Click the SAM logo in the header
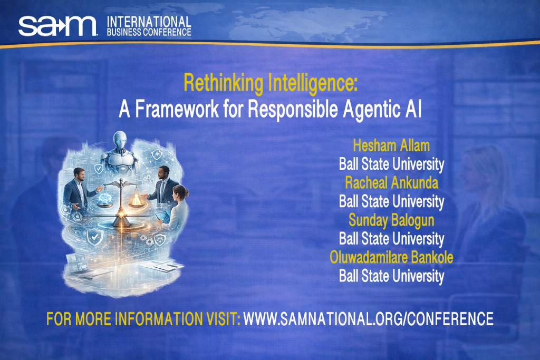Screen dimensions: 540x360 pyautogui.click(x=58, y=26)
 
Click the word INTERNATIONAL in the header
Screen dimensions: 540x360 pyautogui.click(x=149, y=22)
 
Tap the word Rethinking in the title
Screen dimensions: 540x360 pyautogui.click(x=224, y=83)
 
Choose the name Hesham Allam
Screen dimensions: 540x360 pyautogui.click(x=391, y=145)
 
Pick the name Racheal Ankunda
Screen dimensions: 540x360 pyautogui.click(x=392, y=183)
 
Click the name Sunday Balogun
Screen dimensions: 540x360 pyautogui.click(x=391, y=220)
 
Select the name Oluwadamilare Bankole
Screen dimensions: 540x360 pyautogui.click(x=391, y=257)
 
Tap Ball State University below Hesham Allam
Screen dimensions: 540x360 pyautogui.click(x=391, y=164)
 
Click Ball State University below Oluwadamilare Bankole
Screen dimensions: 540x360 pyautogui.click(x=391, y=276)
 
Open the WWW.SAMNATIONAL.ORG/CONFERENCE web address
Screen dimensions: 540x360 pyautogui.click(x=368, y=319)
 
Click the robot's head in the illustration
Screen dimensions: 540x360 pyautogui.click(x=120, y=141)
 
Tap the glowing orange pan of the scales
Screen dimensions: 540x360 pyautogui.click(x=137, y=201)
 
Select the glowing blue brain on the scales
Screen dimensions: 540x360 pyautogui.click(x=105, y=201)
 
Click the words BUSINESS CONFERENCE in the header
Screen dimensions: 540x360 pyautogui.click(x=149, y=32)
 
